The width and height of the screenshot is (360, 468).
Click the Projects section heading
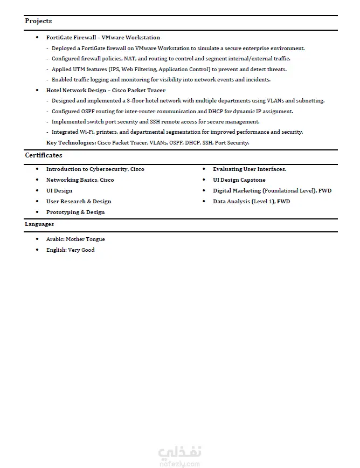[x=38, y=21]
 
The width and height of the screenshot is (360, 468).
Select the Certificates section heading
[x=44, y=155]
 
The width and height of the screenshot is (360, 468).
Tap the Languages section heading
[x=39, y=224]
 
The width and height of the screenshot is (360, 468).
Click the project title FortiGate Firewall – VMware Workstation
[x=103, y=38]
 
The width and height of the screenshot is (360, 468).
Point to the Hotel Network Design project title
[x=106, y=91]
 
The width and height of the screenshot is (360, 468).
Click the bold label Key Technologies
[x=71, y=143]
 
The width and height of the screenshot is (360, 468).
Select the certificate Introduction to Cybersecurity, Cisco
[x=95, y=169]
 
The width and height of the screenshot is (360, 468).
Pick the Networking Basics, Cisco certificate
[x=80, y=180]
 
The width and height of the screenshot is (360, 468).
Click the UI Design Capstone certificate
[x=239, y=180]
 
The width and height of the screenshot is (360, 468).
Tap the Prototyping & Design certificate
[x=75, y=212]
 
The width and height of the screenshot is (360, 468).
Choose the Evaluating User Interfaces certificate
[x=250, y=169]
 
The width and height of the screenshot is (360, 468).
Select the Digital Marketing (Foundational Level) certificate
[x=272, y=191]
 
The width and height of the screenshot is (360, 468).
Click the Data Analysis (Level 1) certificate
[x=251, y=202]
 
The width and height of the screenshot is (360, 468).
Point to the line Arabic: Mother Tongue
[x=75, y=239]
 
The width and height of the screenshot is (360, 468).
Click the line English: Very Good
[x=70, y=250]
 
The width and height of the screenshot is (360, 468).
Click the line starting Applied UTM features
[x=169, y=70]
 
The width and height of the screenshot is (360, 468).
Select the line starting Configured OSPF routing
[x=172, y=112]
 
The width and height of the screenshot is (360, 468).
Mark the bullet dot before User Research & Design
[x=37, y=202]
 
